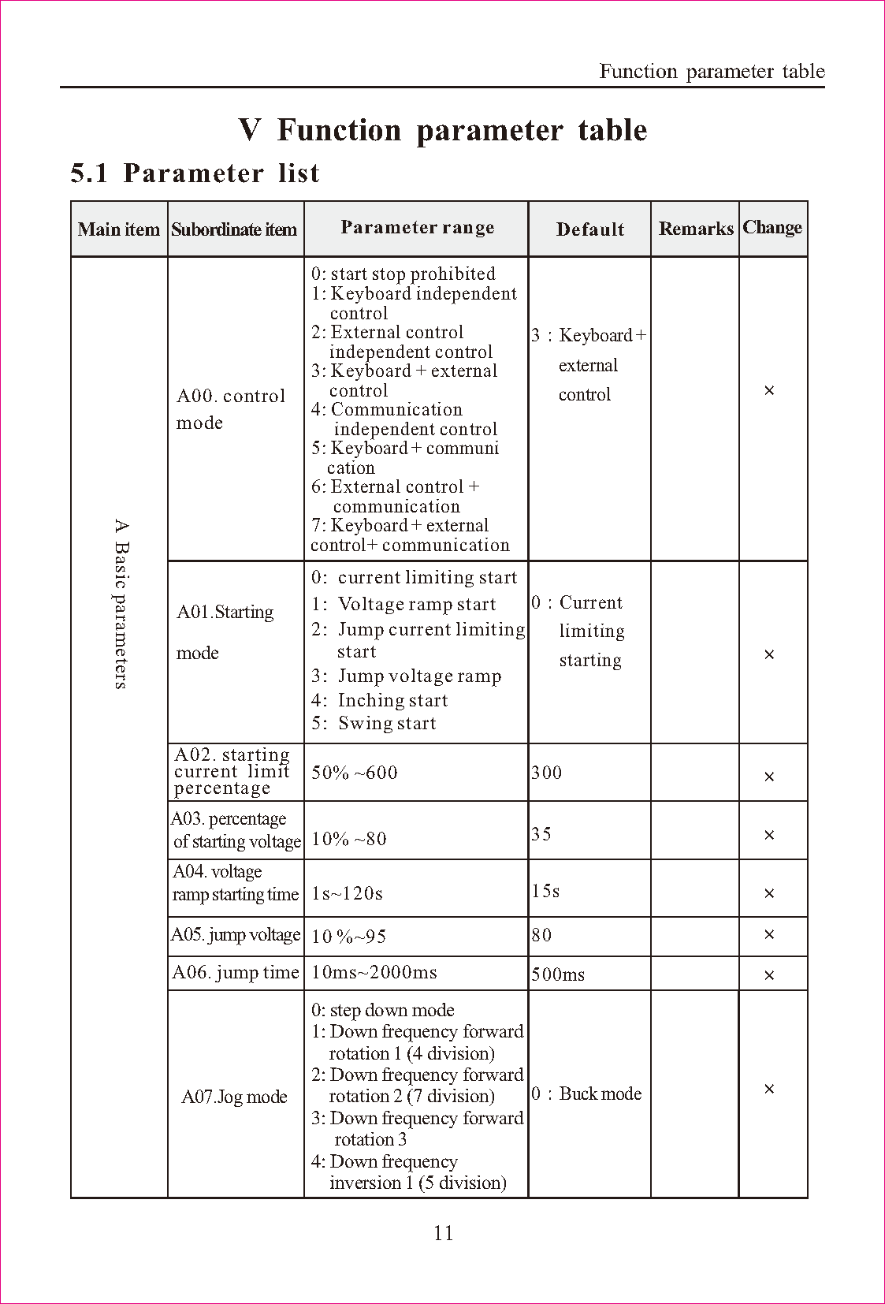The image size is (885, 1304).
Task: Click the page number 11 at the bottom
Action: (x=443, y=1233)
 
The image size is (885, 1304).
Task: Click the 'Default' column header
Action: (x=589, y=229)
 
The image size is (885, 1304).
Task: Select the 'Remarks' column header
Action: (x=695, y=229)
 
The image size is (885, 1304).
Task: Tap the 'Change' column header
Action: (x=772, y=227)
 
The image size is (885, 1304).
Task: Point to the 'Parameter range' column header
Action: (x=417, y=228)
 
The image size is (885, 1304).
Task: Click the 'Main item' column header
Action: (x=119, y=229)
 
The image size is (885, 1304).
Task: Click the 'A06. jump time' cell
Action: (x=236, y=973)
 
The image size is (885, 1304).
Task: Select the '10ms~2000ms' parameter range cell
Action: (x=374, y=973)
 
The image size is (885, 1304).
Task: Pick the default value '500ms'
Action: (x=558, y=974)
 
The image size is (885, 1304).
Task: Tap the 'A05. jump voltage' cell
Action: (x=236, y=935)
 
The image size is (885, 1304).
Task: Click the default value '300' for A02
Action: (x=547, y=773)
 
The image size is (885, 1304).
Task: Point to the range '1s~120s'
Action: (x=347, y=893)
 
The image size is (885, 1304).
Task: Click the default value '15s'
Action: (x=545, y=891)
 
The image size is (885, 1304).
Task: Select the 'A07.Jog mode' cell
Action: (x=234, y=1097)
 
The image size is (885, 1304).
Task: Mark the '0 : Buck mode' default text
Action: (x=586, y=1093)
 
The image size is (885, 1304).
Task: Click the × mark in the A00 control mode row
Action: (x=769, y=390)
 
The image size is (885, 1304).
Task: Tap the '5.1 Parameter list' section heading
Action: (x=195, y=173)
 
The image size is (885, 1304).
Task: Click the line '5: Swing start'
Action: (x=373, y=724)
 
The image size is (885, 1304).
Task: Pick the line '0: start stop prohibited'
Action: (x=403, y=274)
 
